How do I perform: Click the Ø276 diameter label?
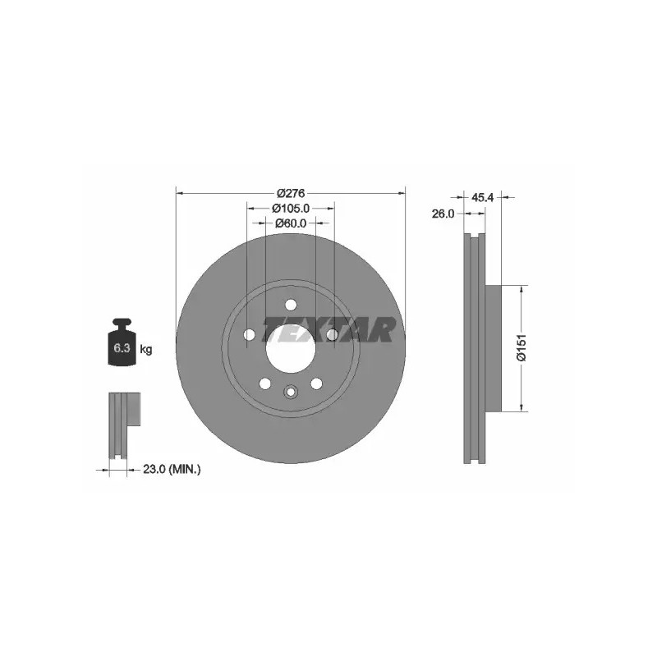click(291, 194)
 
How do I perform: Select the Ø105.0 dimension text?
click(291, 208)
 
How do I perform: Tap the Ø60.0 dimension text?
click(291, 223)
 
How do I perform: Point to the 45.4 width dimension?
click(482, 197)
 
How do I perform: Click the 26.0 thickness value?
click(443, 214)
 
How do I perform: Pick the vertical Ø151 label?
click(521, 347)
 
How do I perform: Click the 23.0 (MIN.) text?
click(172, 469)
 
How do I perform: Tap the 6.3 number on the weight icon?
click(122, 347)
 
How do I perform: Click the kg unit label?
click(146, 348)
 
